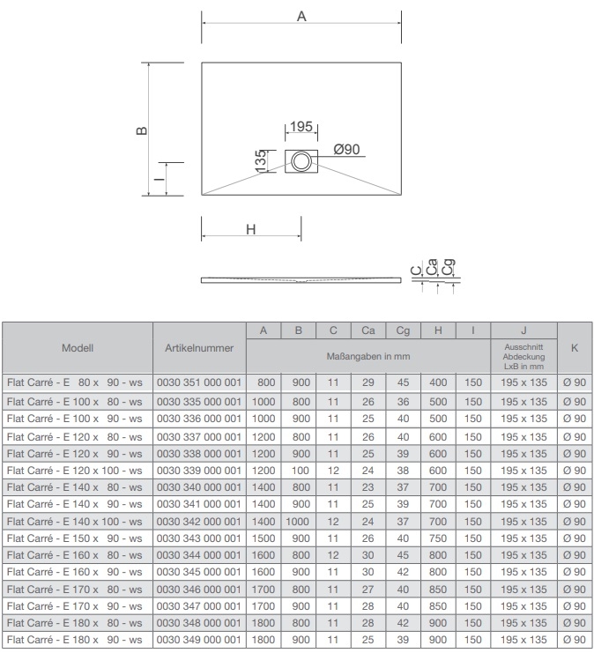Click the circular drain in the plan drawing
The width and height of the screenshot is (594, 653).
[x=301, y=161]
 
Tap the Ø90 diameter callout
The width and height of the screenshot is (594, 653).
[x=346, y=149]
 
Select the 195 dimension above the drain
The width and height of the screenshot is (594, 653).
[x=301, y=126]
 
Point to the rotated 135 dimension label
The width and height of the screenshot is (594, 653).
[x=260, y=160]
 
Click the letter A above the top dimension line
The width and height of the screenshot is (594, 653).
[x=301, y=16]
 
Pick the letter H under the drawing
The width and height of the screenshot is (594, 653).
[x=250, y=229]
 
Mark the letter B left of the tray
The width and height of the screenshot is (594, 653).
[x=142, y=130]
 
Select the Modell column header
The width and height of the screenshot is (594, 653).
[x=78, y=348]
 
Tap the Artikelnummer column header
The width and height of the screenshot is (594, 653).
[x=199, y=348]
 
